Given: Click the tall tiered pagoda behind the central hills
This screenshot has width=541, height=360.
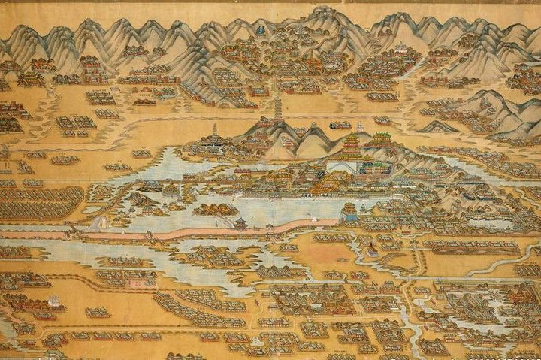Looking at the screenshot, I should (x=279, y=105).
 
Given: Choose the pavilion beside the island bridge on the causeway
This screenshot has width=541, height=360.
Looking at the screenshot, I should (x=241, y=223).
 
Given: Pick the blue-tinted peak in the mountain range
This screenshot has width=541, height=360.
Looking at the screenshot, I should (x=261, y=30).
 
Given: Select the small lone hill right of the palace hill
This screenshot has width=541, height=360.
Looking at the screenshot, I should (x=438, y=126).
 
